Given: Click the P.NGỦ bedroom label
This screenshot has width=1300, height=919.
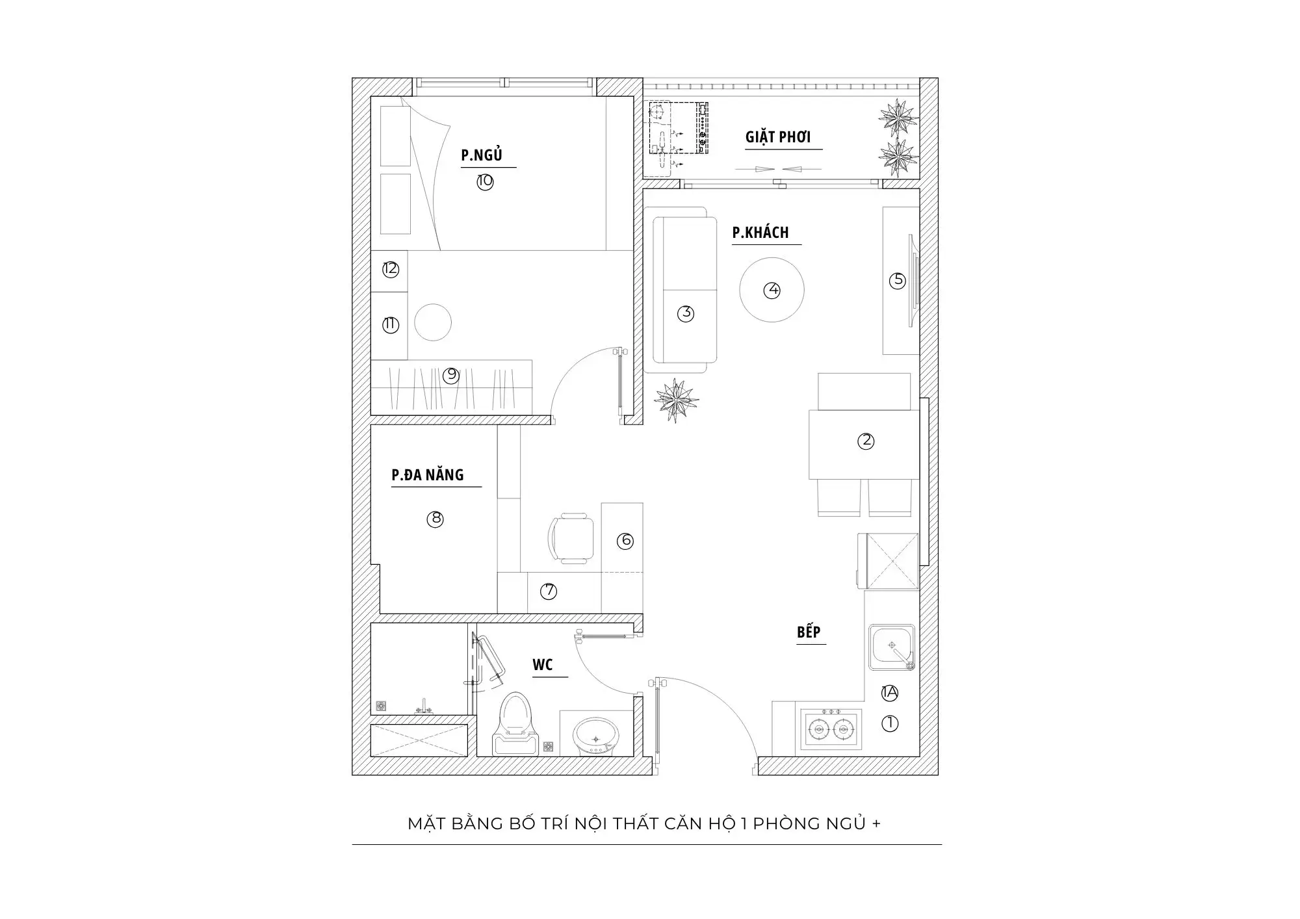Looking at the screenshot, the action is [x=482, y=155].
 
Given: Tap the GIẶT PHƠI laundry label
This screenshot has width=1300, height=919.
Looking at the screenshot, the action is [x=778, y=137].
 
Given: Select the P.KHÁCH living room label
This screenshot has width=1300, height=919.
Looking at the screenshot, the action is [x=760, y=232].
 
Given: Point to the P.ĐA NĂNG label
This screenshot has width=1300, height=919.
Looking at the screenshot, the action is [x=428, y=475].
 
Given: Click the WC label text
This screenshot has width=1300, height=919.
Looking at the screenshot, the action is [x=543, y=665].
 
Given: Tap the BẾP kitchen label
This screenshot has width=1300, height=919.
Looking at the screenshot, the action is [x=809, y=632].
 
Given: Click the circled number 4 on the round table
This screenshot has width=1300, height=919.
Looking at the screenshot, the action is [x=772, y=290].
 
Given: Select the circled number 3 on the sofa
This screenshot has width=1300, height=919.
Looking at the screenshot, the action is [x=686, y=313].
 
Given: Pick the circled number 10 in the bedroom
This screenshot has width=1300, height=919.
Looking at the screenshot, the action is [x=485, y=181].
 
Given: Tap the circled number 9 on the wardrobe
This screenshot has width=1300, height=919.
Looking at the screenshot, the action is [x=451, y=375].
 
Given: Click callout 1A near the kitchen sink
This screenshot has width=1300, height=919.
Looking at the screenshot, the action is [x=889, y=693].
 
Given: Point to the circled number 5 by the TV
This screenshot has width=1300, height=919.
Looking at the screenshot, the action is [x=898, y=280].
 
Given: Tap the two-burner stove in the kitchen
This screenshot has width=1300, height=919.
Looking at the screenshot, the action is [x=829, y=729].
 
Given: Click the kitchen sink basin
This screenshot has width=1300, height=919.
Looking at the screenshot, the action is [x=892, y=647].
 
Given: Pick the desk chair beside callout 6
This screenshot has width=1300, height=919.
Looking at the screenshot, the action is [x=571, y=539].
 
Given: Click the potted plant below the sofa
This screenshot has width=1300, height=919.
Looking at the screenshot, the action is [x=676, y=400].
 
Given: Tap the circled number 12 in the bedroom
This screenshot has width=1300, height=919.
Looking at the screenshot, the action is [x=390, y=269].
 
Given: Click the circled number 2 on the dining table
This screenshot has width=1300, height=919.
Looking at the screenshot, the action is [x=866, y=441].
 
